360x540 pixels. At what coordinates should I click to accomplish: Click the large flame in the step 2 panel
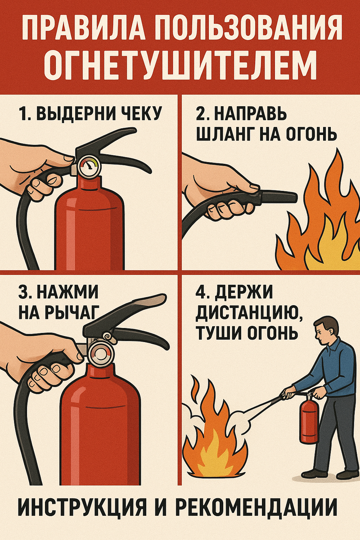[x=322, y=220]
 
